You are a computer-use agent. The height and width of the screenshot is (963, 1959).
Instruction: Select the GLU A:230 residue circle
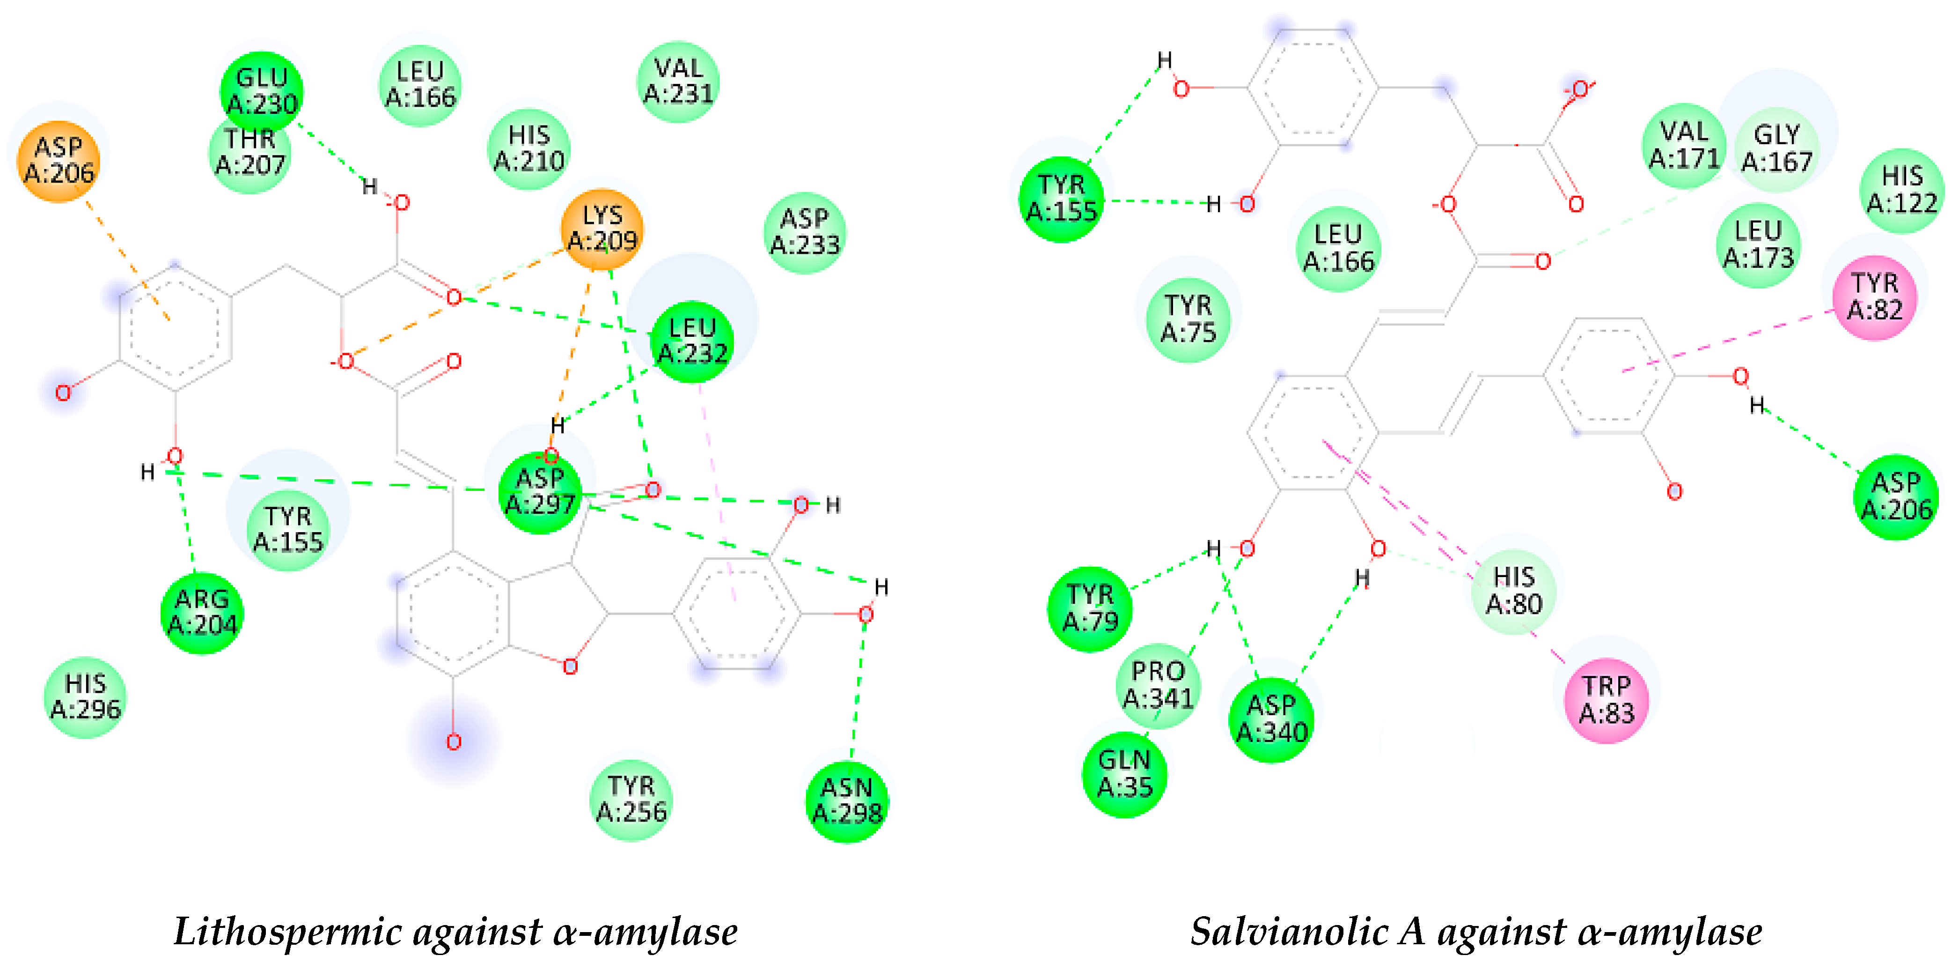[x=262, y=91]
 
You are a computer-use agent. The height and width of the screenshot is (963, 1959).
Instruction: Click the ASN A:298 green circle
[x=847, y=801]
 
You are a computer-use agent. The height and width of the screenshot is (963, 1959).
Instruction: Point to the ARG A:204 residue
[x=202, y=612]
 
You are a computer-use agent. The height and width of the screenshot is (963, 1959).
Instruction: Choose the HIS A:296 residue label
[x=85, y=697]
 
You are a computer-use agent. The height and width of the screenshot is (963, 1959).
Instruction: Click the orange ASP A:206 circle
[x=59, y=161]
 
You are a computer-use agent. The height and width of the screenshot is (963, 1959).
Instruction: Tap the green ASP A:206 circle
[x=1896, y=496]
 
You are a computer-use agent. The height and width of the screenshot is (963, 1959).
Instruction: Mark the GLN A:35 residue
[x=1125, y=774]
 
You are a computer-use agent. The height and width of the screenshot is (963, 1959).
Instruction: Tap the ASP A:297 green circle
[x=540, y=492]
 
